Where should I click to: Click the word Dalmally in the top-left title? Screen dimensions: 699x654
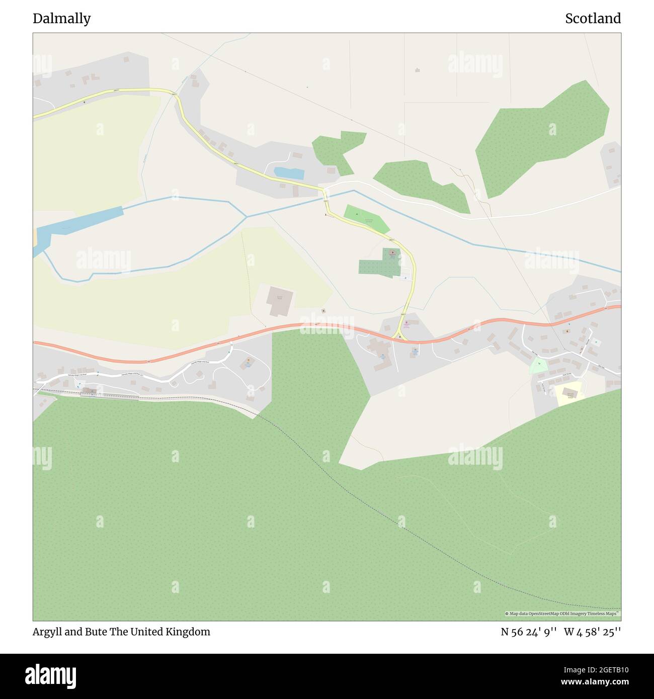pos(61,19)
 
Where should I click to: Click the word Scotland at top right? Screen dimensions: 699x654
pos(593,19)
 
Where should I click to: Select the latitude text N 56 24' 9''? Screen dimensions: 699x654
pos(528,632)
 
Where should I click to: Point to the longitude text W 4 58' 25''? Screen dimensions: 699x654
pos(592,632)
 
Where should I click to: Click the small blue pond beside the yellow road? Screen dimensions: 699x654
pos(289,173)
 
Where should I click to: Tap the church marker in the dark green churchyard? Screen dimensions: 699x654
pos(392,253)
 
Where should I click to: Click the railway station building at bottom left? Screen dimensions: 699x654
pos(90,391)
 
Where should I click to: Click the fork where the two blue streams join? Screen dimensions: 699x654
pos(247,217)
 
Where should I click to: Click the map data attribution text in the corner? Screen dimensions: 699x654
pos(562,614)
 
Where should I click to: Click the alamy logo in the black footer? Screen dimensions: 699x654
pos(50,675)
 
